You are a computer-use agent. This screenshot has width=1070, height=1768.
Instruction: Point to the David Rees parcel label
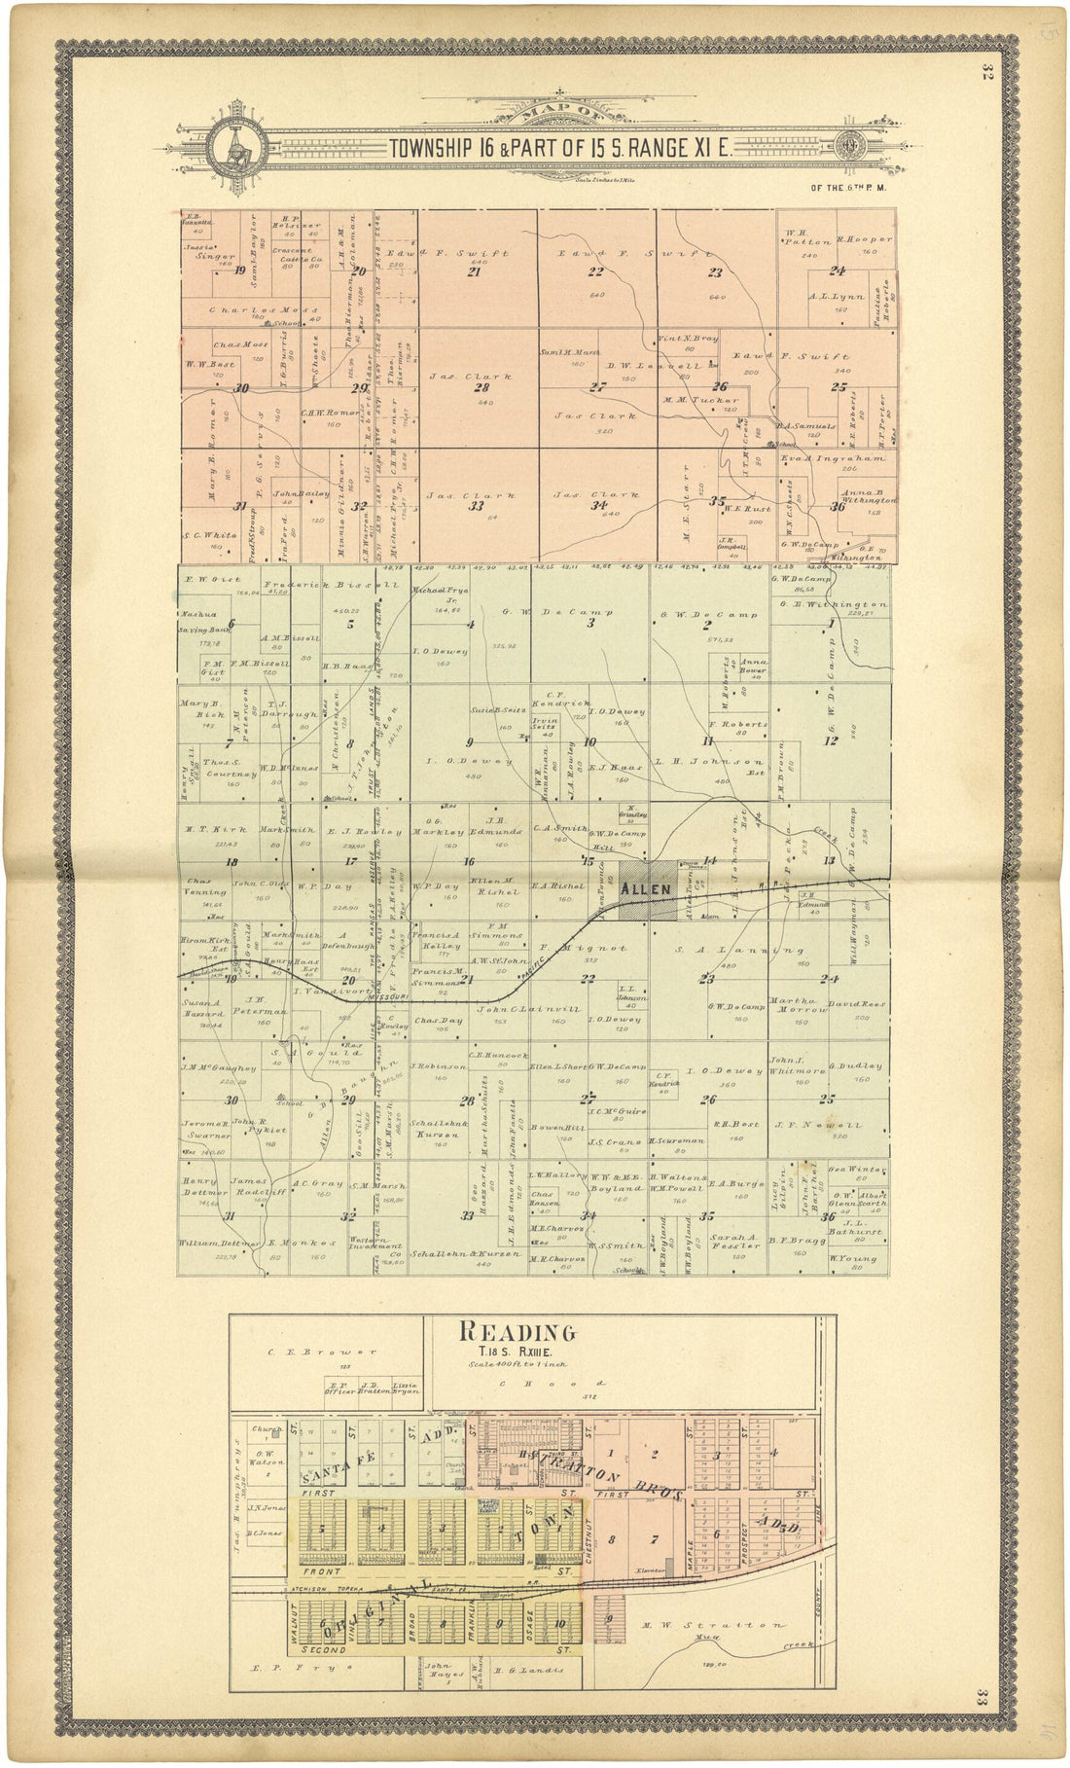[848, 1003]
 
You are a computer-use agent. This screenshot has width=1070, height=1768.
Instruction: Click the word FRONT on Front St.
[322, 1571]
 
